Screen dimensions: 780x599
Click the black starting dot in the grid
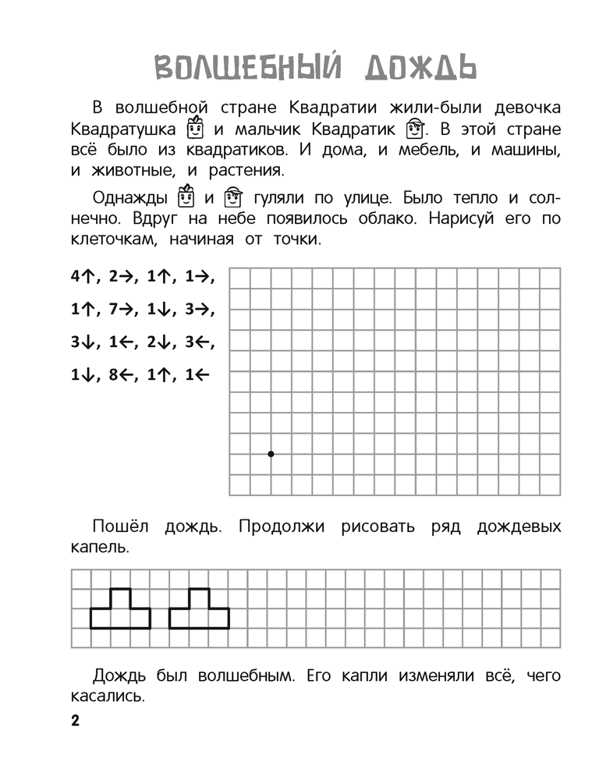pyautogui.click(x=271, y=453)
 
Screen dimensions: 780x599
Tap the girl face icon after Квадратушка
pyautogui.click(x=195, y=127)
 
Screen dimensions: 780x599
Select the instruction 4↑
pyautogui.click(x=83, y=275)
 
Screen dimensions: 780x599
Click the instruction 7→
pyautogui.click(x=123, y=309)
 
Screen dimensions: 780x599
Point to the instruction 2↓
pyautogui.click(x=160, y=342)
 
